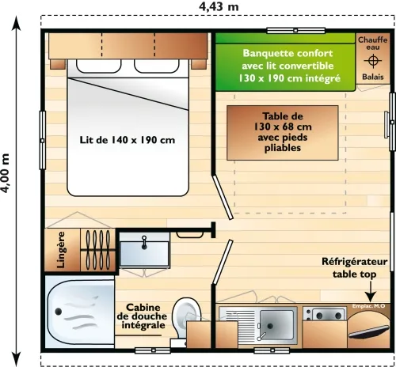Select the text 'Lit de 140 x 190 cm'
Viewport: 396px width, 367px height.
[x=127, y=140]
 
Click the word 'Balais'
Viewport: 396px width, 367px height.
[x=372, y=78]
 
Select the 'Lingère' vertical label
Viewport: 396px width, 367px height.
[x=61, y=250]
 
